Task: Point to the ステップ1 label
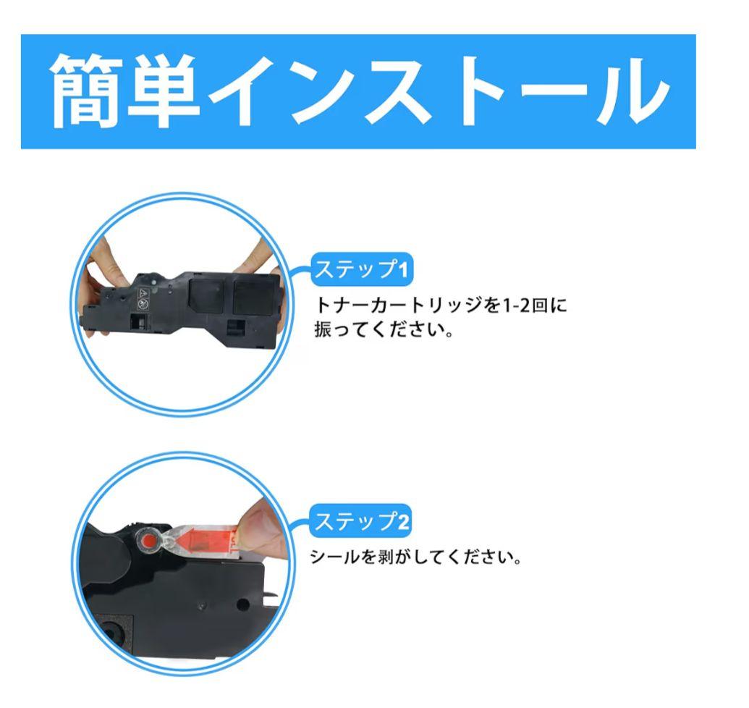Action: tap(362, 269)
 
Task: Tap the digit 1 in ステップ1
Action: tap(403, 270)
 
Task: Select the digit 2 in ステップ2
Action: tap(403, 521)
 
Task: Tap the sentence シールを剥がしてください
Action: tap(415, 557)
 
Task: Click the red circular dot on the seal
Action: tap(150, 541)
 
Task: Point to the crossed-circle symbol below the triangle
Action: tap(142, 304)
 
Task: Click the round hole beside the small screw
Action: tap(242, 604)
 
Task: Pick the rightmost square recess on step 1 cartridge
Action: tap(255, 296)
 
